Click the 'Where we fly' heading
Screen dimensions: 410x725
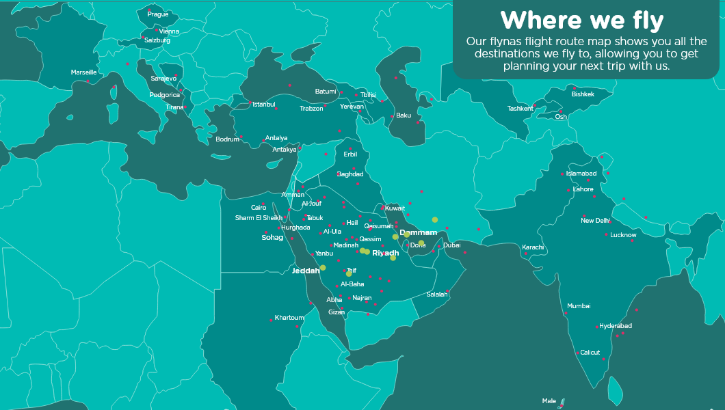click(x=582, y=20)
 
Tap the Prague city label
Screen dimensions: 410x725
click(x=157, y=14)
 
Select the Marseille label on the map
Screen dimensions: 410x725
click(x=83, y=72)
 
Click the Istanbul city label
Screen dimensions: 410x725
click(x=263, y=105)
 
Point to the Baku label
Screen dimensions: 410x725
click(x=404, y=115)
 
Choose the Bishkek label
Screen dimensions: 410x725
click(x=583, y=94)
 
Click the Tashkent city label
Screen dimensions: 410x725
click(x=520, y=109)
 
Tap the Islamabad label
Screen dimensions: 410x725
click(x=581, y=174)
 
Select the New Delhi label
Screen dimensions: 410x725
click(x=594, y=221)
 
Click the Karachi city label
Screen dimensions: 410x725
click(x=533, y=247)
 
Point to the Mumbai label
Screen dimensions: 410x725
click(x=579, y=306)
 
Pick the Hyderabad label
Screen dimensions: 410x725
click(x=615, y=326)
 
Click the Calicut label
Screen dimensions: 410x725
click(x=590, y=353)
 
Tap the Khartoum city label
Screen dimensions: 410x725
click(x=289, y=318)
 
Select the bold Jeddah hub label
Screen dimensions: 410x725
click(x=305, y=271)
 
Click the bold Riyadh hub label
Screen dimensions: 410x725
click(x=385, y=253)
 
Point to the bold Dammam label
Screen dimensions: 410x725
click(x=418, y=233)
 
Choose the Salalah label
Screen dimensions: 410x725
click(x=437, y=295)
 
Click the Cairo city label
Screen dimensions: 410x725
click(x=259, y=207)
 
